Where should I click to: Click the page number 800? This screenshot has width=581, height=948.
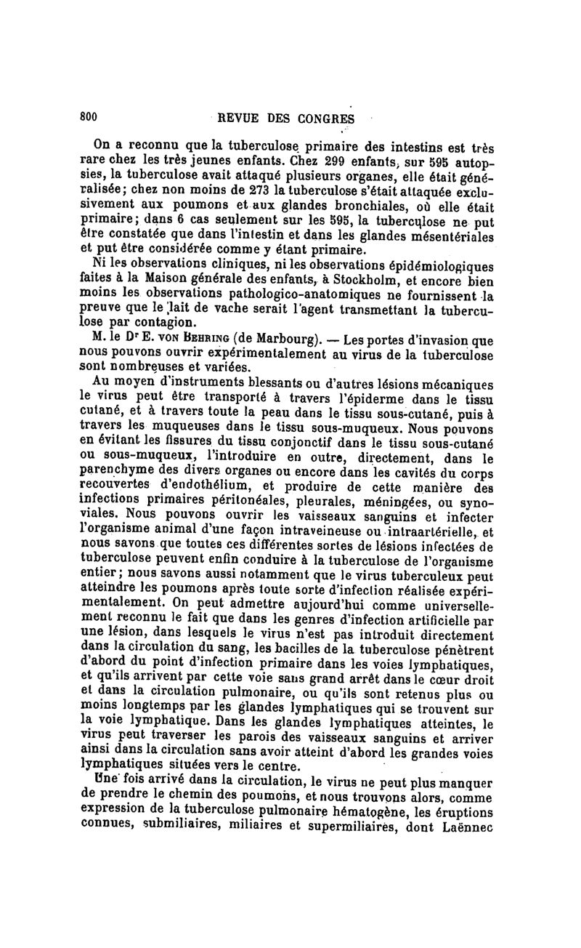coord(89,118)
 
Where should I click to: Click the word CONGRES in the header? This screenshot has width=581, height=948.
coord(325,118)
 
